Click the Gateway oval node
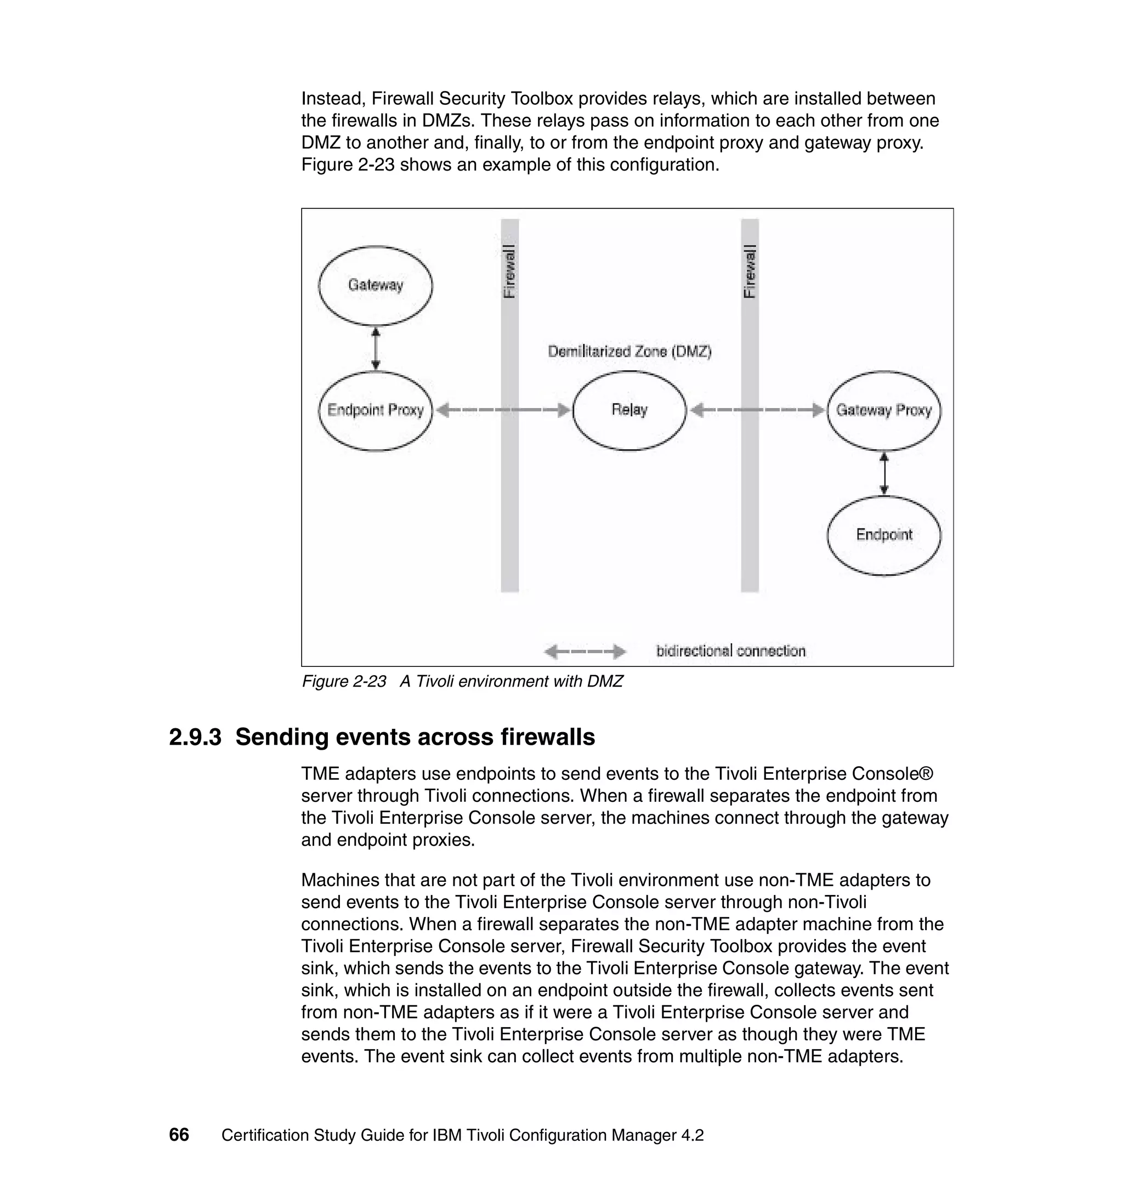tap(375, 285)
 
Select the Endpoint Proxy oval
tap(375, 410)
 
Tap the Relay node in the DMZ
tap(629, 410)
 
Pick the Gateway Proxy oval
tap(883, 410)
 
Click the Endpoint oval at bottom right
tap(883, 535)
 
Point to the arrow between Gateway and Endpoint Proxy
tap(375, 348)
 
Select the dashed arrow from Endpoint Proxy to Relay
tap(503, 410)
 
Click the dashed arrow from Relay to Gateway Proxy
tap(757, 410)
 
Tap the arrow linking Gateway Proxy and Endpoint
tap(884, 473)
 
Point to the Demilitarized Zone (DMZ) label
tap(629, 352)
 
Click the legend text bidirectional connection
tap(730, 651)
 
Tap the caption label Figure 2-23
tap(344, 681)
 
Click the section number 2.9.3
tap(195, 737)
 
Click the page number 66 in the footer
tap(179, 1135)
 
